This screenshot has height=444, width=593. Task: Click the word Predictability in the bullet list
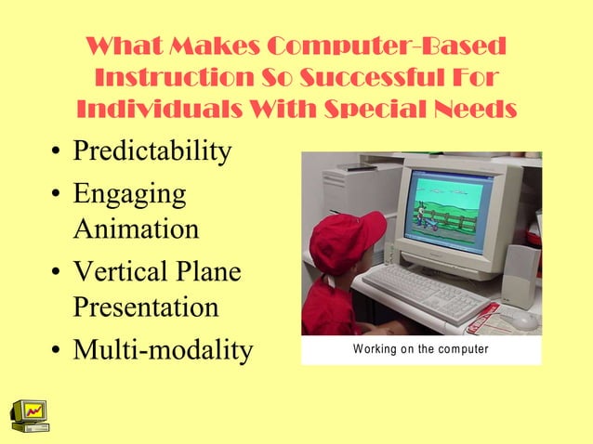(x=152, y=150)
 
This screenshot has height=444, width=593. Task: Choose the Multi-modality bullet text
(x=163, y=351)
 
